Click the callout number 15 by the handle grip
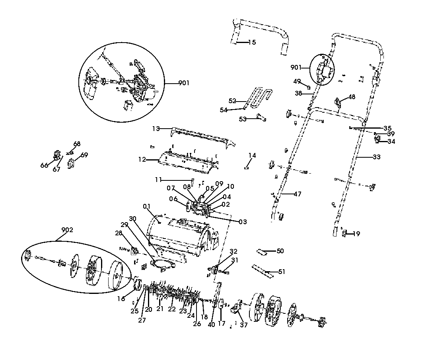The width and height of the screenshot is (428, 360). [x=252, y=42]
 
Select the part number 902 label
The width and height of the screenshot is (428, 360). [x=67, y=230]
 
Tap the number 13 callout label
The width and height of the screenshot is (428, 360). [x=156, y=129]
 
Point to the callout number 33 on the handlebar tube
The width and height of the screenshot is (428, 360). [x=376, y=157]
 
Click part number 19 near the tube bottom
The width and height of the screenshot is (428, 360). [x=356, y=234]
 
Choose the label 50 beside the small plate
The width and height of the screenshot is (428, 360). [x=280, y=251]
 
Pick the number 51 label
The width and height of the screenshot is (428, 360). [x=282, y=272]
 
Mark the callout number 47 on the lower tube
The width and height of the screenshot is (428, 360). [x=297, y=194]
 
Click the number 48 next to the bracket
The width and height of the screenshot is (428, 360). [x=352, y=97]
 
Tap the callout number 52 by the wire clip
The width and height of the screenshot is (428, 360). [x=232, y=100]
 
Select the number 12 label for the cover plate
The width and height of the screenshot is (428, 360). [x=142, y=160]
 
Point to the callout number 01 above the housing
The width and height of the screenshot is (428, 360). [x=147, y=206]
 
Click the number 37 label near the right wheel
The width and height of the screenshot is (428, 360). [x=243, y=325]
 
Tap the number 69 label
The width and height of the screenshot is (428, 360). [x=84, y=155]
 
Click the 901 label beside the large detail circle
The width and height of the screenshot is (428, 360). [x=184, y=83]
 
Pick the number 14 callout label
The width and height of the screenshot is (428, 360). [x=252, y=155]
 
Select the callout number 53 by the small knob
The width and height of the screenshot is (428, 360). [x=243, y=119]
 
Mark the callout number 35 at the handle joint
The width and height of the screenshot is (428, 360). [x=387, y=128]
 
